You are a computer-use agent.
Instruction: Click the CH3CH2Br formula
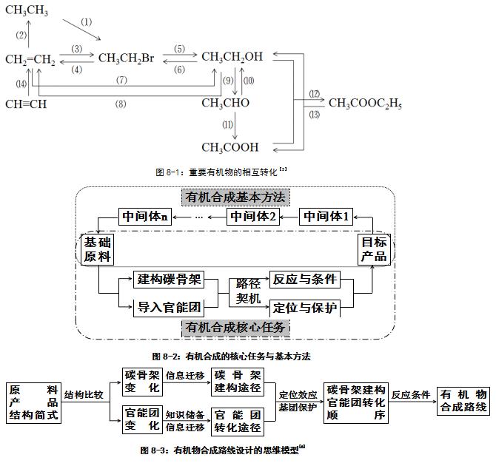pos(125,57)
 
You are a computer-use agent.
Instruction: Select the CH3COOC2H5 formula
pos(365,104)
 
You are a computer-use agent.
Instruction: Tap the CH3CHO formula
pos(226,104)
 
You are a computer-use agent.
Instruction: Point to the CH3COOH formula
pos(229,147)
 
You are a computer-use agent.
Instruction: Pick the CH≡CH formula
pos(26,104)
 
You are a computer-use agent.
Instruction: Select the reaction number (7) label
pos(121,79)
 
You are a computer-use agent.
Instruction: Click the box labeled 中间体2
pos(252,217)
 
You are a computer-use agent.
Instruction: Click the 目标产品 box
pos(373,249)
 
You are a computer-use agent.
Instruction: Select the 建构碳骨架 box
pos(168,280)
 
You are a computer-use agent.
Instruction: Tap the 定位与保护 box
pos(305,306)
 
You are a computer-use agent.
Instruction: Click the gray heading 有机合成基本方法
pos(235,197)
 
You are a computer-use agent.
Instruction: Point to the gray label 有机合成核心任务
pos(235,327)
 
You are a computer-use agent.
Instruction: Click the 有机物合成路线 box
pos(464,401)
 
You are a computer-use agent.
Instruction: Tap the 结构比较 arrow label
pos(84,394)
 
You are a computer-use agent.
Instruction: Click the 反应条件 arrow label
pos(411,395)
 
